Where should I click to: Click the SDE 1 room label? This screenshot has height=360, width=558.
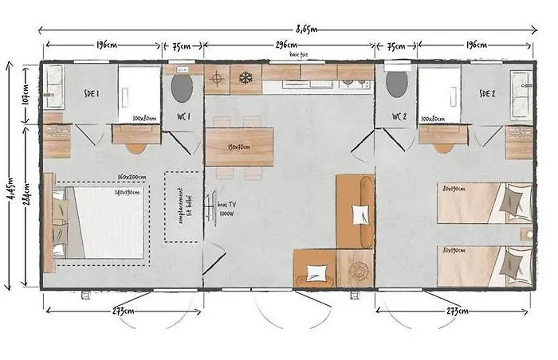pyautogui.click(x=92, y=93)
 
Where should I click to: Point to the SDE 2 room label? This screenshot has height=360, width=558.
pyautogui.click(x=487, y=93)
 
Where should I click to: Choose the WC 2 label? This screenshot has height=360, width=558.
pyautogui.click(x=400, y=117)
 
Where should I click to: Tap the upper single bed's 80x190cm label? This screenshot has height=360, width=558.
pyautogui.click(x=454, y=190)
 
